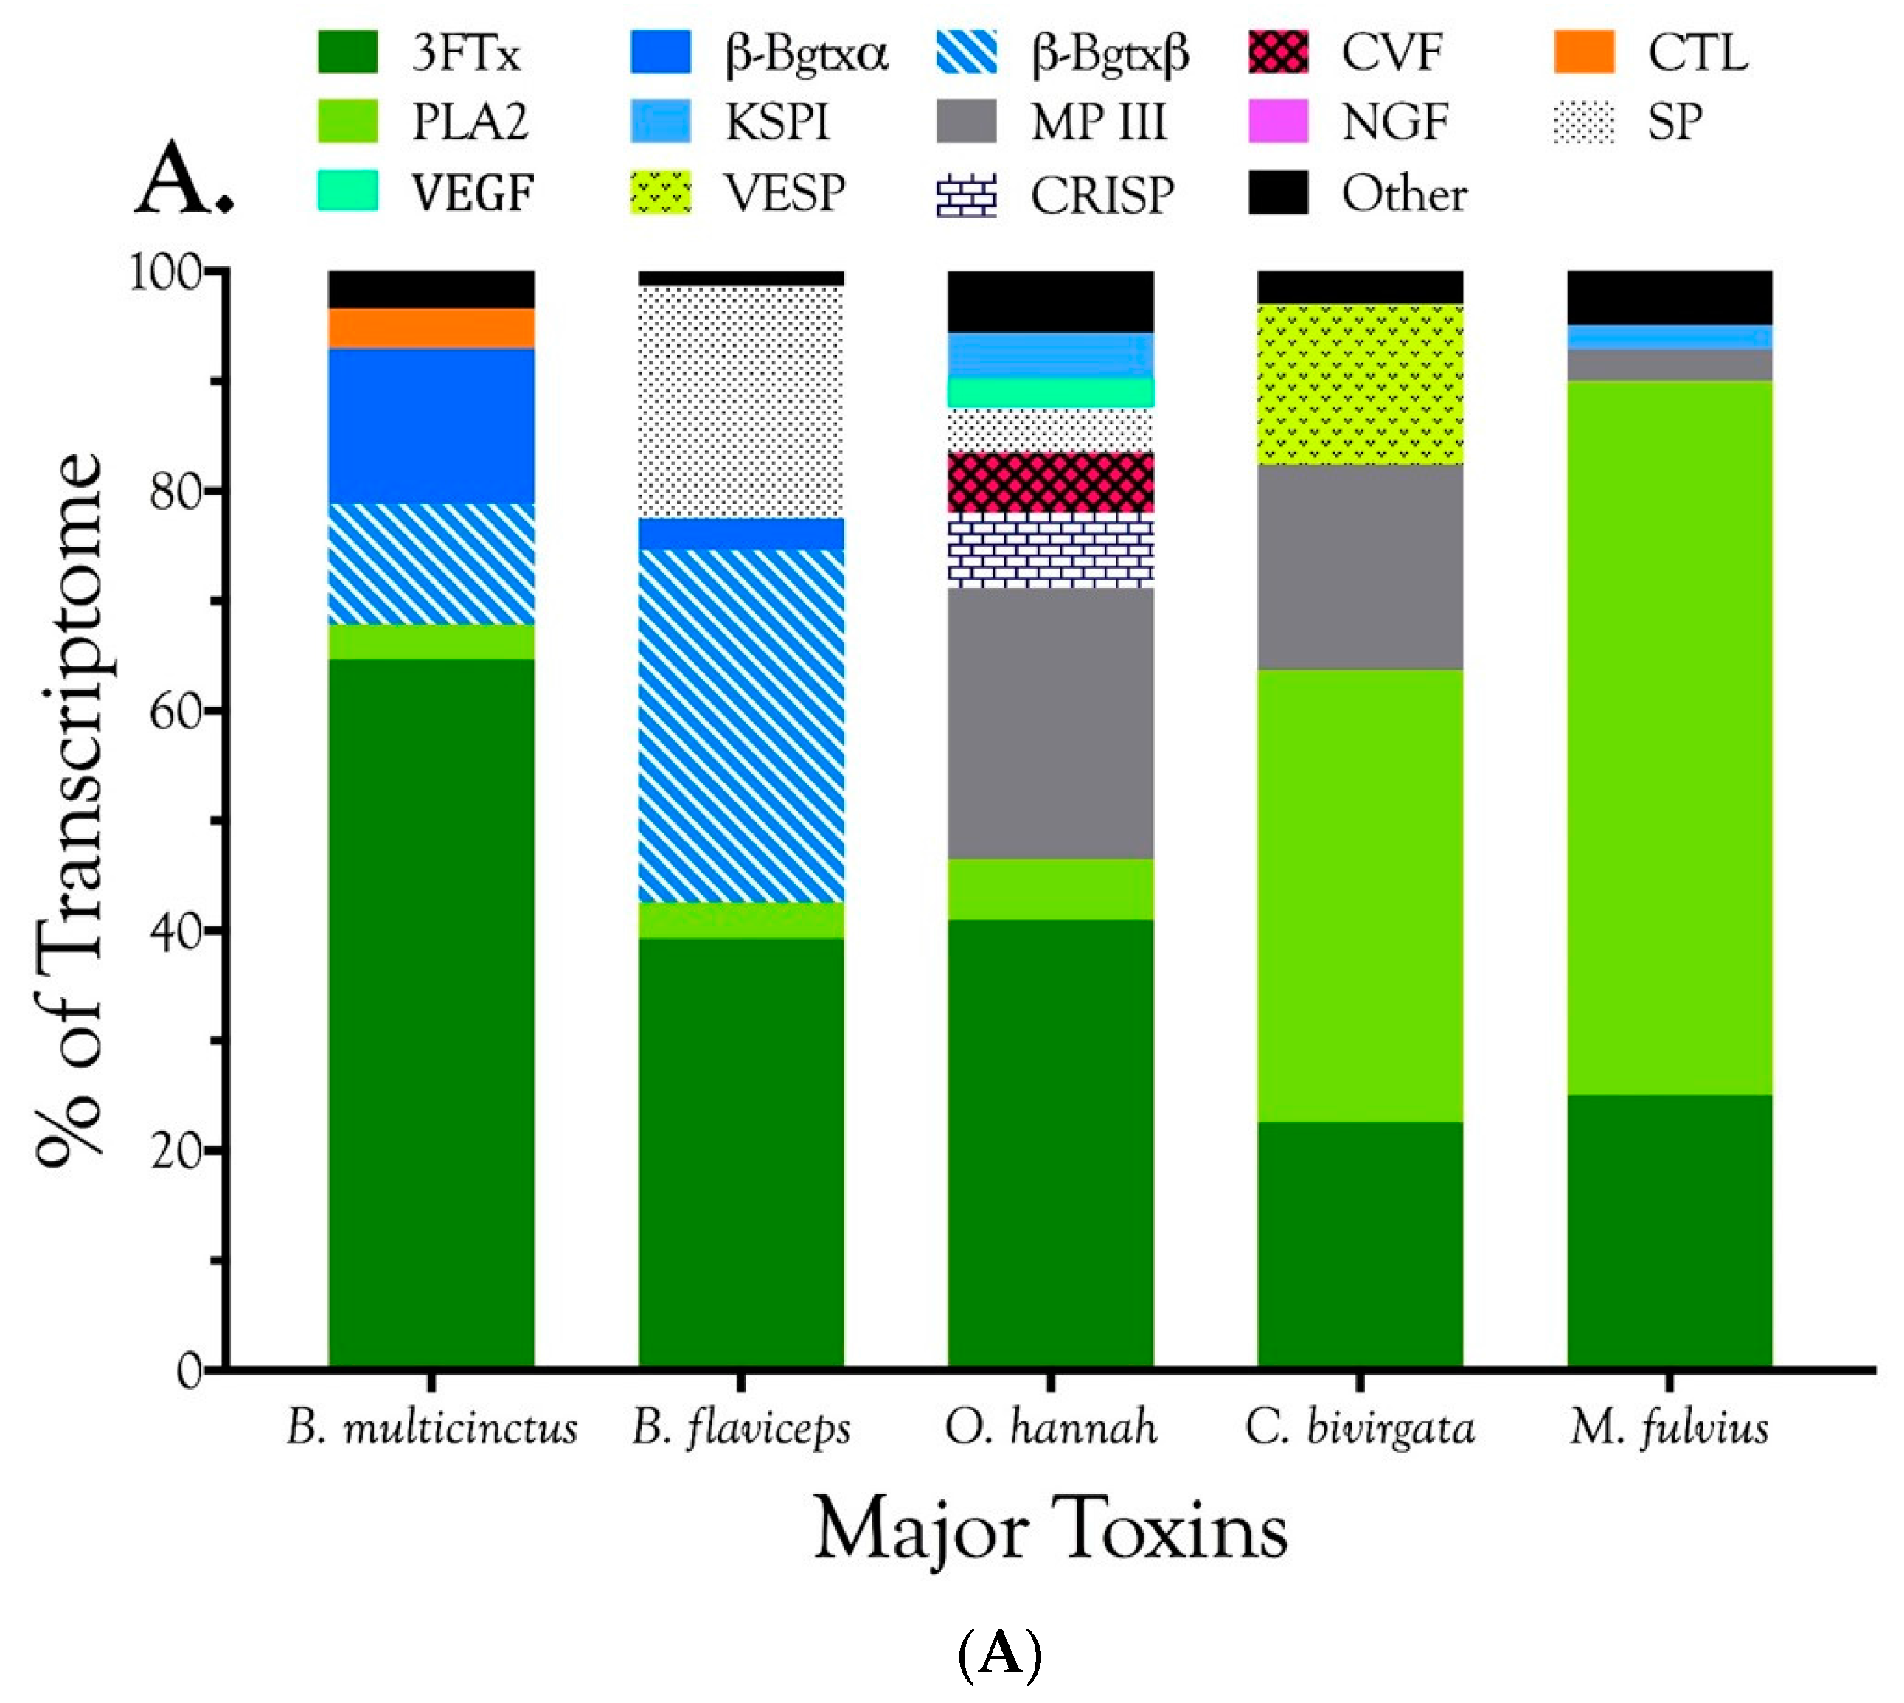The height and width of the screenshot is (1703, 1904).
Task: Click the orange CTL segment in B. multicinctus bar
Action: point(431,327)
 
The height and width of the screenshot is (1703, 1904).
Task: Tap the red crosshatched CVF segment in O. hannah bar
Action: point(1050,482)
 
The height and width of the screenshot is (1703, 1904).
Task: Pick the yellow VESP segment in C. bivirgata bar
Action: point(1360,384)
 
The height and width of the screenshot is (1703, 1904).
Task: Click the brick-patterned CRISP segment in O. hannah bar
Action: point(1050,550)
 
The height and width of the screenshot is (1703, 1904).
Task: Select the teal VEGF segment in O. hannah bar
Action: point(1050,392)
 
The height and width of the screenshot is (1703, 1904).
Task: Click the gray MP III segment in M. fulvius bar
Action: point(1670,364)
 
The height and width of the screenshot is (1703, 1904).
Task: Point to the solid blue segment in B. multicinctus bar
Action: point(431,426)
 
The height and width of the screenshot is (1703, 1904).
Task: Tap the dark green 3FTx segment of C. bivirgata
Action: point(1360,1244)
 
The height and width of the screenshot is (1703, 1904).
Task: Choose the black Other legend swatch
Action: point(1277,193)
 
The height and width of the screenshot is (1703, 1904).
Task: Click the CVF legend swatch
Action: point(1277,52)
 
